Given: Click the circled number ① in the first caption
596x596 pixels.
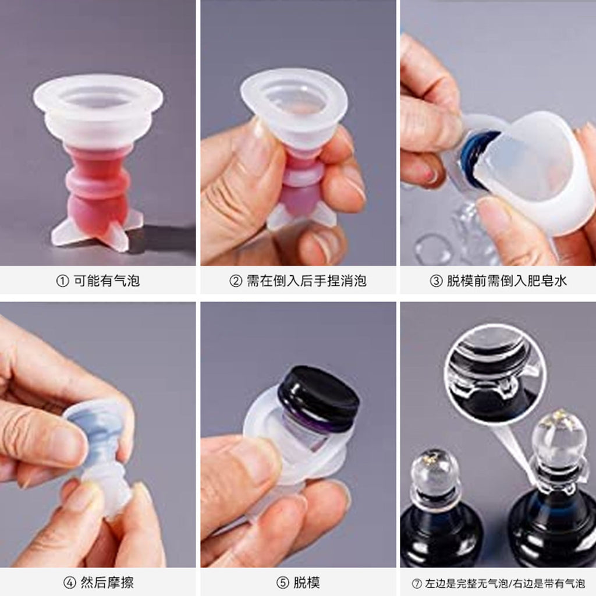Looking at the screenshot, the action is (62, 281).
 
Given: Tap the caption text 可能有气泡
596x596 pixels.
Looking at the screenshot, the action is (107, 281).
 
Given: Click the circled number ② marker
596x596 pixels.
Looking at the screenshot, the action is (236, 281).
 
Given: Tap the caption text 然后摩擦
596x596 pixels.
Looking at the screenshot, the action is (107, 582).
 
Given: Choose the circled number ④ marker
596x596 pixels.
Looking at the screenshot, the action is (69, 583).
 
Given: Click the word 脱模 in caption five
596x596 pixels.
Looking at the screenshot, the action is (306, 582).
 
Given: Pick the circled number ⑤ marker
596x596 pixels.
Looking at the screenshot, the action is (282, 583).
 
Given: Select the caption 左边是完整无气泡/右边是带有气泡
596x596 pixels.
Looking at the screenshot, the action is (505, 583).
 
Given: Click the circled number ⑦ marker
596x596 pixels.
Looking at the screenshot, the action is (417, 583).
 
